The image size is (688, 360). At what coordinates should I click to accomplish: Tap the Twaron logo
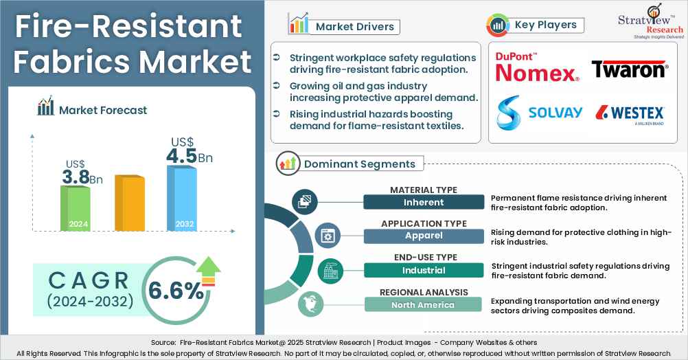coord(629,69)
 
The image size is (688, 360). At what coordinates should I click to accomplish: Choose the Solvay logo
coord(540,113)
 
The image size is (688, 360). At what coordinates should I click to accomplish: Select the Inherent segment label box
coord(423,202)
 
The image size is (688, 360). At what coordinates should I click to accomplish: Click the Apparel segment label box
coord(423,236)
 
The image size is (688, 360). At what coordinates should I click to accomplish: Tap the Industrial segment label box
coord(423,270)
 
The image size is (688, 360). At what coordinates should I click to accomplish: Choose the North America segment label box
coord(423,304)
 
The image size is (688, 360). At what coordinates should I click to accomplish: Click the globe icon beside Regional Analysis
coord(306,304)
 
